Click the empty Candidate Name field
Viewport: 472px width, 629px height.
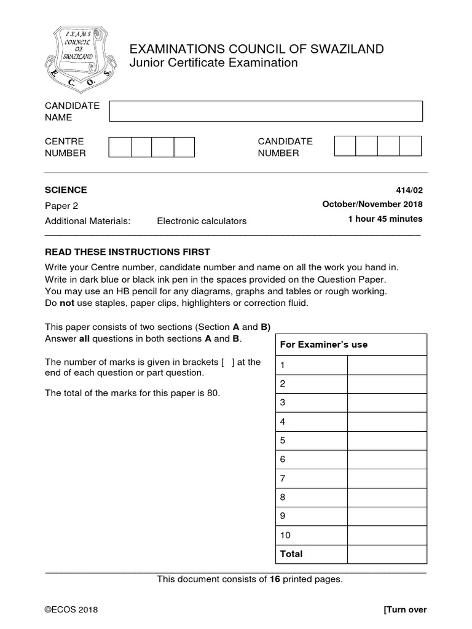click(x=265, y=111)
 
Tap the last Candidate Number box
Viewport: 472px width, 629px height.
click(x=410, y=146)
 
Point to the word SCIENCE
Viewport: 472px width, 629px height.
click(x=66, y=190)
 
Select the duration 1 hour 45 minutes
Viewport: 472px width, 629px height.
click(x=385, y=219)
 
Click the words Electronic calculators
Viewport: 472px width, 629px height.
click(x=202, y=221)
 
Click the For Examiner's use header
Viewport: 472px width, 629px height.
click(x=323, y=345)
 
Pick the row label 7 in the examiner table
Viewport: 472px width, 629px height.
click(x=283, y=478)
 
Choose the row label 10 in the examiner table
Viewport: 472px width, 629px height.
click(x=285, y=535)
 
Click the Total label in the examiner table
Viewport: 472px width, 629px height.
click(x=291, y=553)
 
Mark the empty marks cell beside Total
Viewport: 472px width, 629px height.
click(x=387, y=554)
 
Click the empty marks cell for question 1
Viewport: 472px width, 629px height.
click(x=387, y=365)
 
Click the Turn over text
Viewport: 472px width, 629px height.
click(x=404, y=610)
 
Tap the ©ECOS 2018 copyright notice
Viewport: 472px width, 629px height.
click(x=71, y=610)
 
